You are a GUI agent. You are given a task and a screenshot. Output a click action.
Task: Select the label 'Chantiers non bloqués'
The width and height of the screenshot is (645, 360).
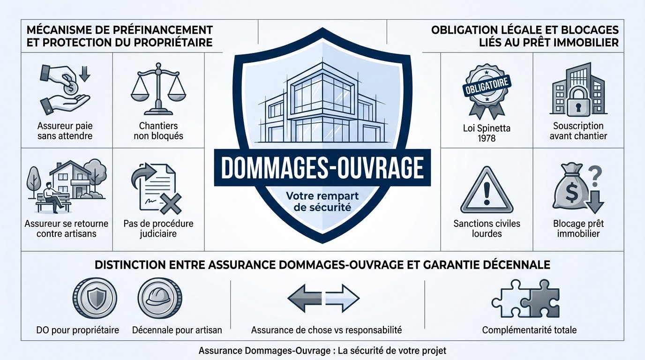[x=158, y=131]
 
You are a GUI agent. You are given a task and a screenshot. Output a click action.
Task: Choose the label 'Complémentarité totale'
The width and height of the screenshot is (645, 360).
[x=529, y=330]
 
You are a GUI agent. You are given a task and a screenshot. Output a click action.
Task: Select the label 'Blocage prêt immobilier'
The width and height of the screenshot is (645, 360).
[x=578, y=228]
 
